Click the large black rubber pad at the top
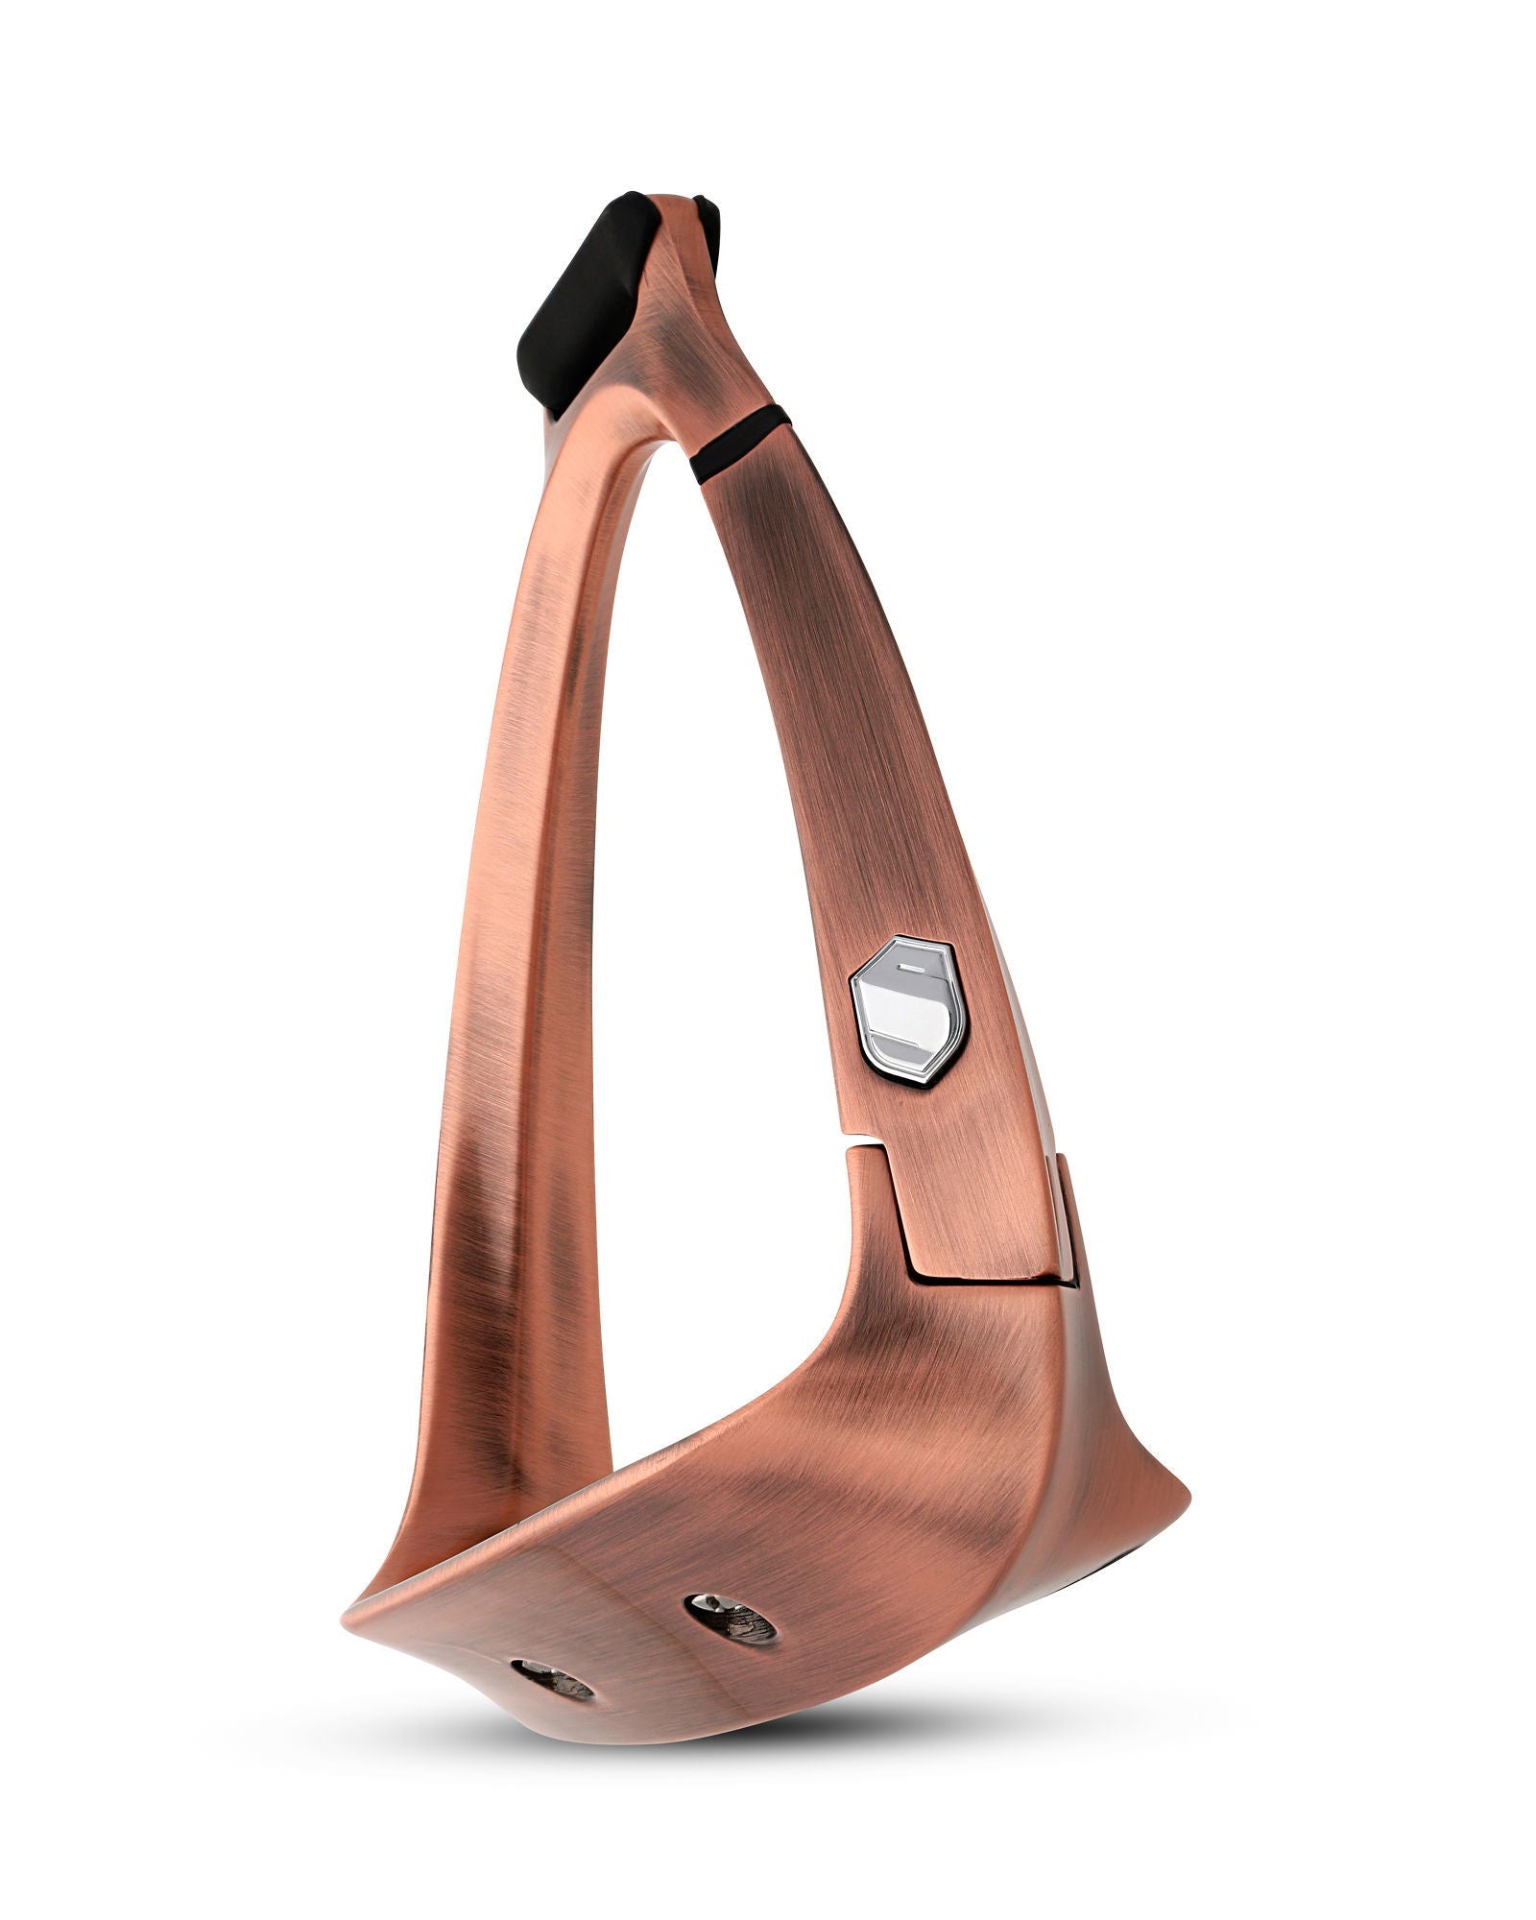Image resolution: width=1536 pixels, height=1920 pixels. (586, 302)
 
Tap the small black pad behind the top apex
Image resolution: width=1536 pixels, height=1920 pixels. (709, 230)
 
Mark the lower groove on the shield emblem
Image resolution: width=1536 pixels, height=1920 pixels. (908, 1041)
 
